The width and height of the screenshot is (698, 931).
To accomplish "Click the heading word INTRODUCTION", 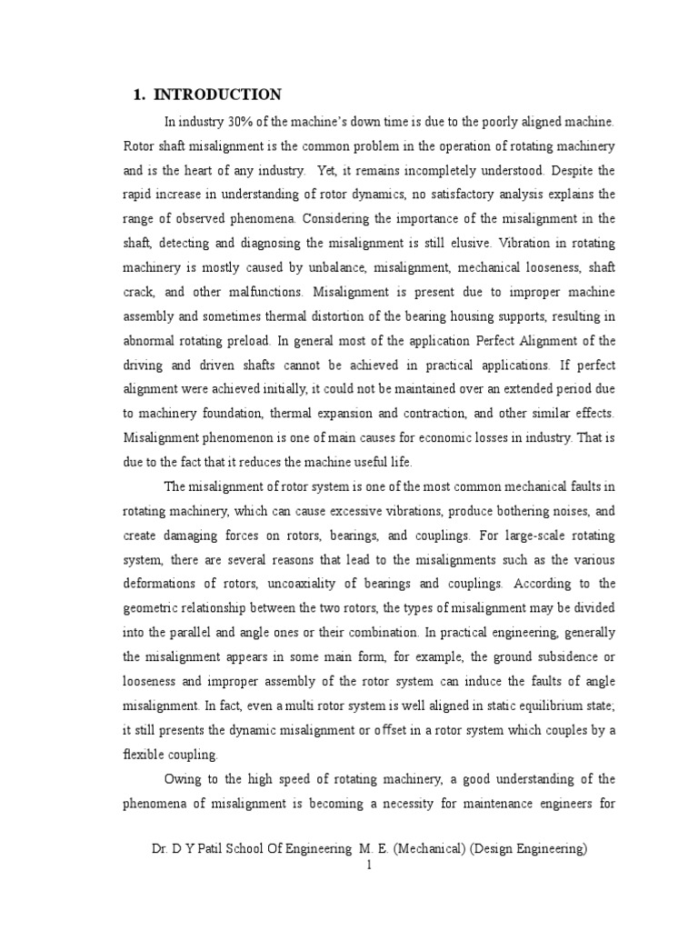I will pos(218,95).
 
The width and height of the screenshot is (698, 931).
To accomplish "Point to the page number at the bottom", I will pos(369,866).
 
